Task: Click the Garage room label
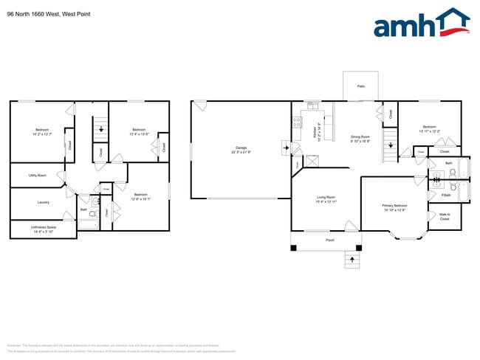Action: [x=241, y=149]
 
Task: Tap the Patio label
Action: [x=361, y=87]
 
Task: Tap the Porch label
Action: [x=330, y=240]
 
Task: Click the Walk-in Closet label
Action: [x=444, y=218]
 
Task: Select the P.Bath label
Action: [x=446, y=195]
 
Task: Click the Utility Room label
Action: [x=37, y=176]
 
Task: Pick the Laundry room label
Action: [x=43, y=202]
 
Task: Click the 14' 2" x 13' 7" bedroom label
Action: [x=41, y=132]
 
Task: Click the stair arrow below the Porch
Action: [x=352, y=260]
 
